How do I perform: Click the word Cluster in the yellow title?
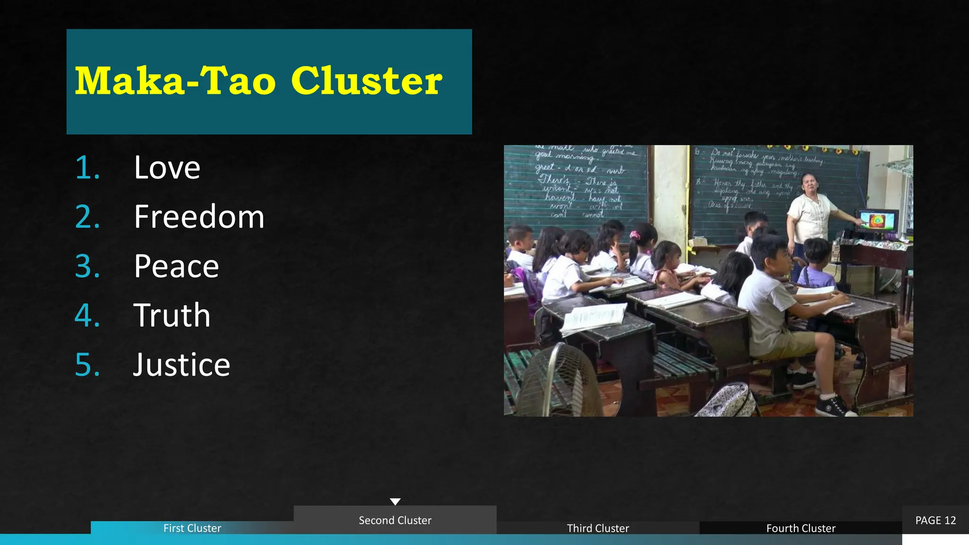pyautogui.click(x=367, y=81)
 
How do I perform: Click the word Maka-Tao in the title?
pyautogui.click(x=175, y=81)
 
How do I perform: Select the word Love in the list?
pyautogui.click(x=167, y=167)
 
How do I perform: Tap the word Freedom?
pyautogui.click(x=199, y=217)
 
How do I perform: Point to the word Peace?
pyautogui.click(x=176, y=266)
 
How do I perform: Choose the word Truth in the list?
pyautogui.click(x=172, y=315)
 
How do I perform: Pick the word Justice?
pyautogui.click(x=182, y=364)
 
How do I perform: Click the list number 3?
pyautogui.click(x=87, y=266)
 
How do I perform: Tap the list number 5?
pyautogui.click(x=87, y=364)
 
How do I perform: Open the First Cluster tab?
pyautogui.click(x=192, y=528)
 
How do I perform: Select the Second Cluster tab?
pyautogui.click(x=395, y=520)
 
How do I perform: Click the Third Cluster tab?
pyautogui.click(x=598, y=528)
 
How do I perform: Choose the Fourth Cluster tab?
pyautogui.click(x=801, y=528)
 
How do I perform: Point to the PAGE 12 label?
pyautogui.click(x=935, y=520)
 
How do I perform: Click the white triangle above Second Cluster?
pyautogui.click(x=395, y=501)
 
